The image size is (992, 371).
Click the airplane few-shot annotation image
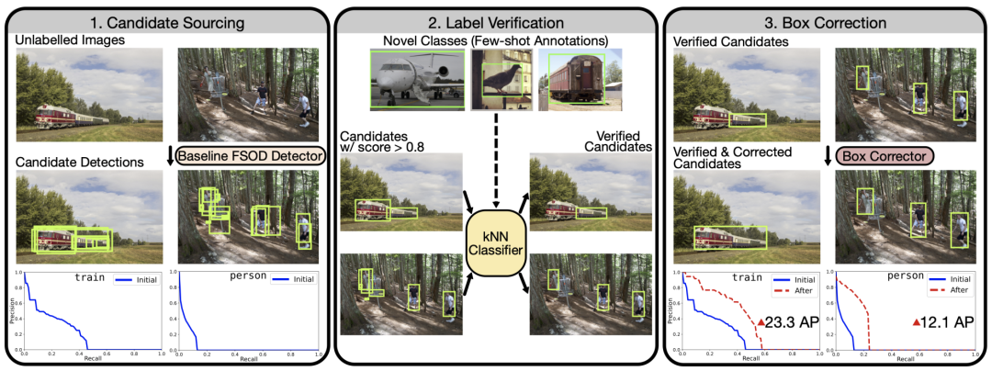point(416,79)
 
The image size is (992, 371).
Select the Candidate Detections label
point(78,163)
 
